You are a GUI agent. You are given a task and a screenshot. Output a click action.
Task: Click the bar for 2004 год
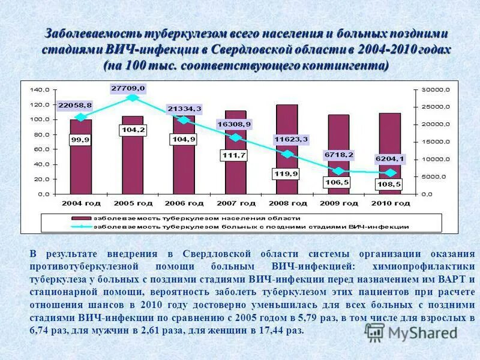click(81, 162)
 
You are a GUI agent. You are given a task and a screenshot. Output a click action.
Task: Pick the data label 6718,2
click(339, 155)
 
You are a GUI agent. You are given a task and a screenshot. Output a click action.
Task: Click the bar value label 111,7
click(235, 156)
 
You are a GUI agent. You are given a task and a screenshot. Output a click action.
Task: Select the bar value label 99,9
click(80, 140)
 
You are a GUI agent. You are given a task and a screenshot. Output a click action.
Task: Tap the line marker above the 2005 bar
click(133, 98)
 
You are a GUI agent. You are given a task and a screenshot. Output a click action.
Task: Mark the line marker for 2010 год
click(390, 173)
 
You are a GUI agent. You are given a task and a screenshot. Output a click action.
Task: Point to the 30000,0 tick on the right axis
click(434, 90)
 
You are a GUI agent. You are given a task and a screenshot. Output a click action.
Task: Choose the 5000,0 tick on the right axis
click(433, 177)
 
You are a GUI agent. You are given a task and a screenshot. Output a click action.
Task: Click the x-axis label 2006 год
click(184, 203)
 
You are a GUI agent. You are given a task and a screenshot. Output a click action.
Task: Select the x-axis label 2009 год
click(338, 203)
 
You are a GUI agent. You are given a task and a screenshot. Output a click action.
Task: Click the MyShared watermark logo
click(412, 332)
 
